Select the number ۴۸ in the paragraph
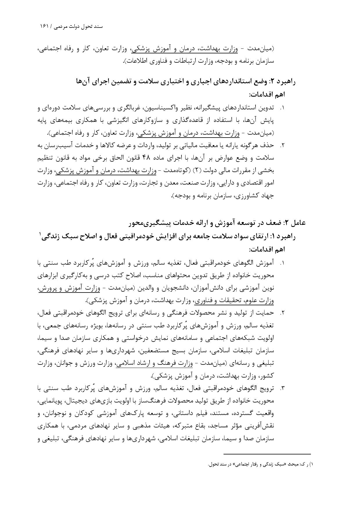[x=146, y=158]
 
